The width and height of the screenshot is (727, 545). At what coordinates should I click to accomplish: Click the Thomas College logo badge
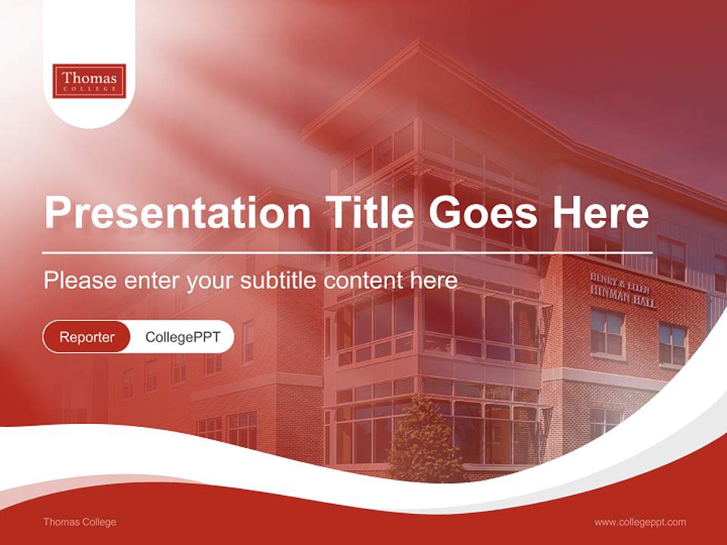89,80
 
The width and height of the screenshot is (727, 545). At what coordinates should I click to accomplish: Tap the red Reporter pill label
87,337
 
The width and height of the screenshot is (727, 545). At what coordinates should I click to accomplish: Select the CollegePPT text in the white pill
183,337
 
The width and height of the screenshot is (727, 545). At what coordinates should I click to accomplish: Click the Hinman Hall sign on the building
623,291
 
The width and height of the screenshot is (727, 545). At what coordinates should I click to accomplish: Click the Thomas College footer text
80,522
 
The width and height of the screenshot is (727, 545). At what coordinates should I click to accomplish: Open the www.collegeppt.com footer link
640,522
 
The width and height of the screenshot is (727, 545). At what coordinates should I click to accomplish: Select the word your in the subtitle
210,280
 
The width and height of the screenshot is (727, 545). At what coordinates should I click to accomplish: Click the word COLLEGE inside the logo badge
89,89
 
